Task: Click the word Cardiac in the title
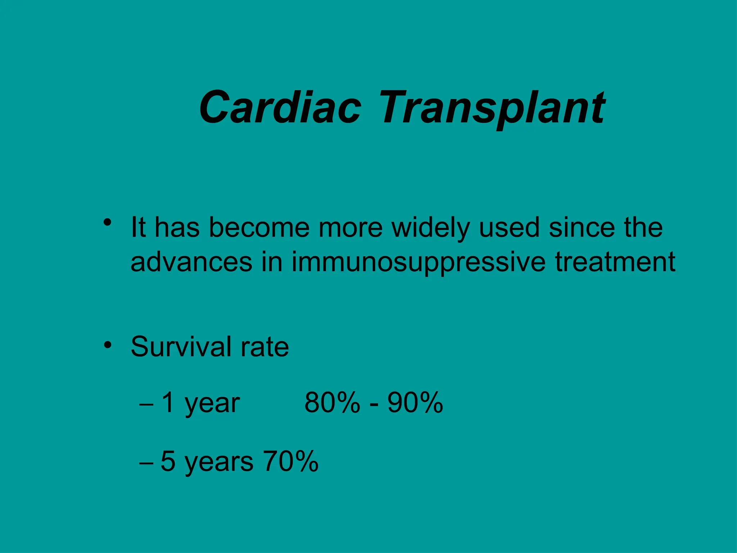280,107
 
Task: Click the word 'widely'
430,228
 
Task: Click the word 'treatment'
615,262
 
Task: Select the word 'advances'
191,262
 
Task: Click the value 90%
415,403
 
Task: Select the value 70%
291,461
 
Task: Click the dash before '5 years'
146,463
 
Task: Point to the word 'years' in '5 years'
219,463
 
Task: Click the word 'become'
259,228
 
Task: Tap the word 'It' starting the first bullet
138,228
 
